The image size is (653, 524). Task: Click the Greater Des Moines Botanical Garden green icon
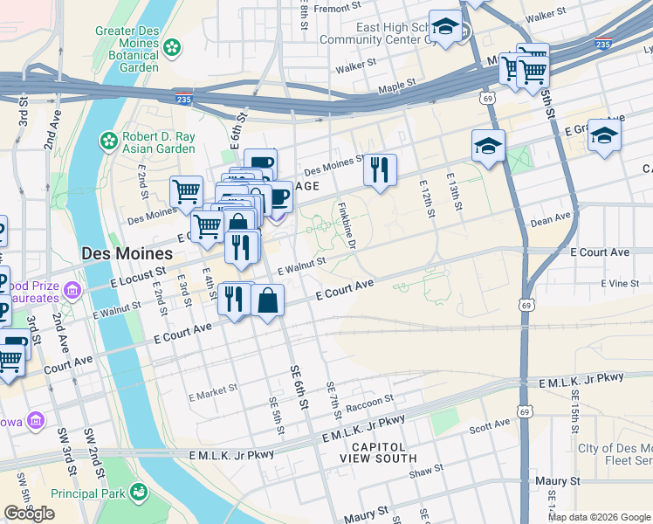coord(173,45)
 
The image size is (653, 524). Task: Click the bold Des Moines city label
coord(123,252)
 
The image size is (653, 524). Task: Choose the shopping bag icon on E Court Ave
coord(268,300)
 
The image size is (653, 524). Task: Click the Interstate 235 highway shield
coord(183,98)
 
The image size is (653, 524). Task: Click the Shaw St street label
coord(426,472)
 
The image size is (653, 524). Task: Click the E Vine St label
coord(620,284)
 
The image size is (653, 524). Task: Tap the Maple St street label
coord(399,88)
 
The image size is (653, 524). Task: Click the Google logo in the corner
coord(29,514)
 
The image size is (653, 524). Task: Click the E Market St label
coord(214,393)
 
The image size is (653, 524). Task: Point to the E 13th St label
coord(455,196)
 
